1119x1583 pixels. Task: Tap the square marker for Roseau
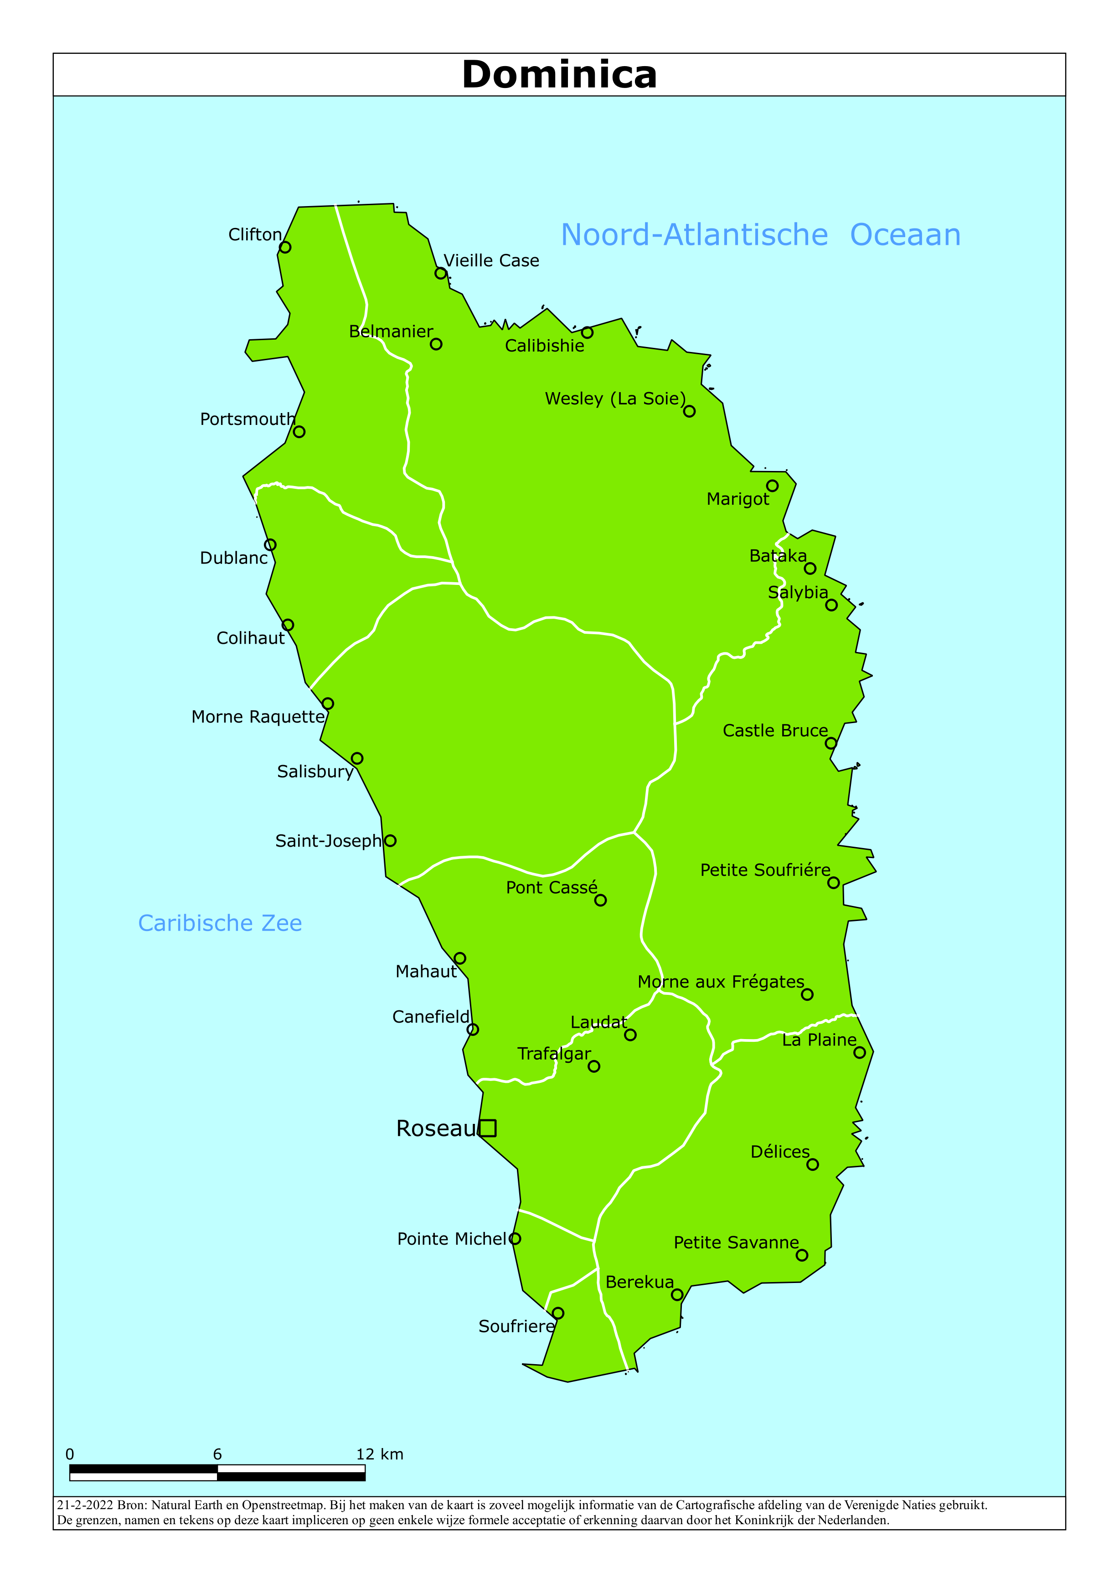tap(487, 1128)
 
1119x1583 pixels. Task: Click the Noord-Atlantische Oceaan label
tap(760, 235)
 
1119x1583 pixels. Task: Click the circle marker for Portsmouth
tap(299, 432)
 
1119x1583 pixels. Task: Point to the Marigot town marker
tap(772, 486)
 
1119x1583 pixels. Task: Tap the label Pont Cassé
tap(551, 887)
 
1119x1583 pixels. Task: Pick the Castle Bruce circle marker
tap(831, 743)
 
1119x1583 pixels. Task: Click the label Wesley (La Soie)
tap(615, 398)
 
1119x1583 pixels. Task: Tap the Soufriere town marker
tap(558, 1314)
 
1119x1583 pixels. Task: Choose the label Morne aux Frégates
tap(721, 982)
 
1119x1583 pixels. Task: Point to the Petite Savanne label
tap(736, 1242)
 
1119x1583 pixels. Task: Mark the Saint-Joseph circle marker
tap(390, 840)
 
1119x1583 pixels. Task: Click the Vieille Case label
tap(491, 261)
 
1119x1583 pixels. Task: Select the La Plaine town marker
tap(859, 1053)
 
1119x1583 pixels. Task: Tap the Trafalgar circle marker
tap(593, 1066)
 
